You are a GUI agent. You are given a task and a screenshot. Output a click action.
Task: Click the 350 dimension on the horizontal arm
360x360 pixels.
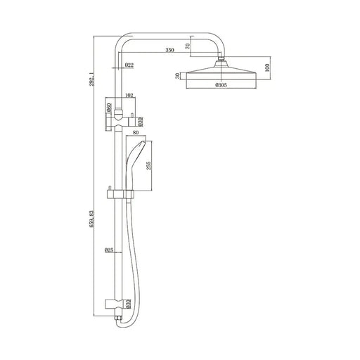(169, 51)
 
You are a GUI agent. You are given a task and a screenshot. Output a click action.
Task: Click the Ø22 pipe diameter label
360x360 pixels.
(129, 65)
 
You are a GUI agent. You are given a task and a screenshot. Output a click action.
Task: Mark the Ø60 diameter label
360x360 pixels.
(109, 108)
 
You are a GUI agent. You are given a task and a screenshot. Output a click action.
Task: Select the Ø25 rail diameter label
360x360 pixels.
(109, 250)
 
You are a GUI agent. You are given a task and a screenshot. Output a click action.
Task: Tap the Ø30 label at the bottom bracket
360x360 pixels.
(128, 303)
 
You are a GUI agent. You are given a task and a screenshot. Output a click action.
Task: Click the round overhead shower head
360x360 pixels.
(224, 72)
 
